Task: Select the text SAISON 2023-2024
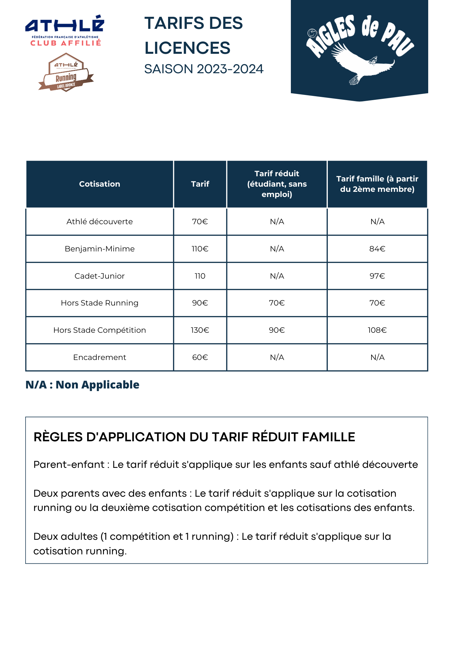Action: [x=204, y=69]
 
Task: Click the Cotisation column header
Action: [x=99, y=184]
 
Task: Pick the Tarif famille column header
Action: [x=377, y=184]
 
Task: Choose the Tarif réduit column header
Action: [x=277, y=184]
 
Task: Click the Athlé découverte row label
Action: [x=99, y=222]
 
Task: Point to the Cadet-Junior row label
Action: [x=99, y=276]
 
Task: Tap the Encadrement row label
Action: [x=99, y=357]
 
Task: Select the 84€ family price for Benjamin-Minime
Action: [x=377, y=249]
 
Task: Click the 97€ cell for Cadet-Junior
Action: [x=377, y=276]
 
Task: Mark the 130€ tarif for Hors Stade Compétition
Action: [x=200, y=330]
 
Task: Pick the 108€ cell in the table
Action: [x=377, y=330]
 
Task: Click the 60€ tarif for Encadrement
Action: [x=200, y=357]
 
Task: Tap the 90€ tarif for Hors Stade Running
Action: [x=200, y=303]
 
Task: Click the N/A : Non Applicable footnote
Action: [x=82, y=385]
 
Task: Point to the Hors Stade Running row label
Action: [x=99, y=303]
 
